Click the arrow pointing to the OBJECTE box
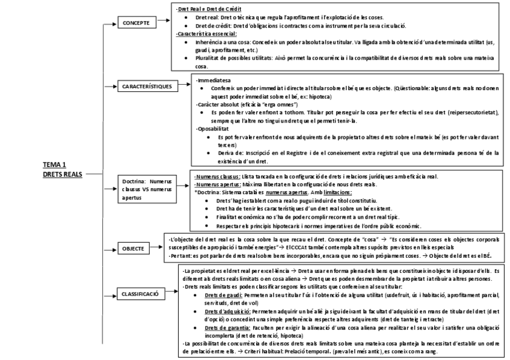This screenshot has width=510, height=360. pyautogui.click(x=109, y=248)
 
